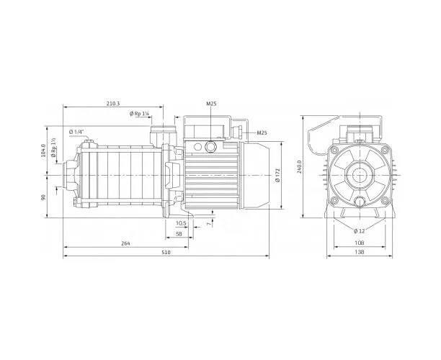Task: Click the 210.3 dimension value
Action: click(x=113, y=104)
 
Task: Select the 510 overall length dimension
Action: click(x=166, y=252)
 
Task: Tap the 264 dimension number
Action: click(x=125, y=243)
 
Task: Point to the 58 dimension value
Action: click(x=179, y=234)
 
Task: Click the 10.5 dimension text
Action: click(x=181, y=223)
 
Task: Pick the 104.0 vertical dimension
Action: click(x=43, y=150)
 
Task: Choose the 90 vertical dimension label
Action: click(x=43, y=197)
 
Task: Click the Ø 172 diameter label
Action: click(x=277, y=176)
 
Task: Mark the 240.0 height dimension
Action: click(x=299, y=167)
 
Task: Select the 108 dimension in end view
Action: click(x=360, y=243)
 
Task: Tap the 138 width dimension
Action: click(x=360, y=252)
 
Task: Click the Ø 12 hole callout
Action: click(x=359, y=231)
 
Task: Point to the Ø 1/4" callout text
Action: click(x=76, y=132)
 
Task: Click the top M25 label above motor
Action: click(x=211, y=104)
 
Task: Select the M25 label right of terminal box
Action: click(x=262, y=132)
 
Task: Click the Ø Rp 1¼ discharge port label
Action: click(x=139, y=114)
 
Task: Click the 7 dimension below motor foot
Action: click(x=208, y=223)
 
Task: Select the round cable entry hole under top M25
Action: click(x=210, y=146)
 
